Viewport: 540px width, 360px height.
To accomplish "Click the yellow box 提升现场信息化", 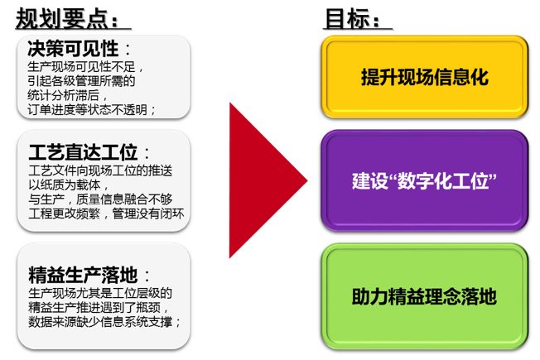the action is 424,77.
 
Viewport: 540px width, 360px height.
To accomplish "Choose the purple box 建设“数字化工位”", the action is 424,181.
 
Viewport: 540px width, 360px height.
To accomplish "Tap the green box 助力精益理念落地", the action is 424,292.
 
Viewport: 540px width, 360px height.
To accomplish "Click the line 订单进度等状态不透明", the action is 92,109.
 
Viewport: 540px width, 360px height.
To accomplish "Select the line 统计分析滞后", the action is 65,95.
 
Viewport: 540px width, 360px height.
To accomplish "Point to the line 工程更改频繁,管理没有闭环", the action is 104,212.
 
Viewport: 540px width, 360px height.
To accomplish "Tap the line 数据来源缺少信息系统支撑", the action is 104,321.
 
